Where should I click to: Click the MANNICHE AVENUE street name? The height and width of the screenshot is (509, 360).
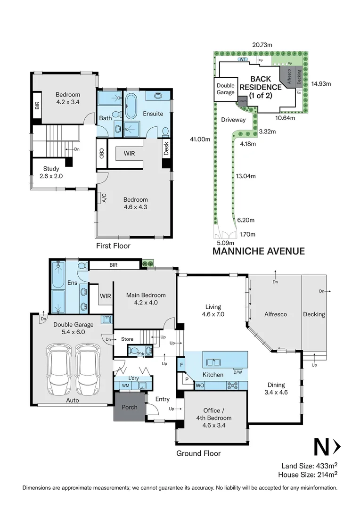pos(258,251)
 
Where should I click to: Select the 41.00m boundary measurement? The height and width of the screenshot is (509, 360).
pos(200,140)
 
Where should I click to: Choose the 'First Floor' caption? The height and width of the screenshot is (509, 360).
pos(113,246)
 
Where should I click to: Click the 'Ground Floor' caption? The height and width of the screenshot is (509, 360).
pos(198,453)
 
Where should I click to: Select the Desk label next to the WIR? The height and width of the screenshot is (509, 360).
pos(166,149)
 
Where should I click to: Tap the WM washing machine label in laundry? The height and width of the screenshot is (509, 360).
pos(126,386)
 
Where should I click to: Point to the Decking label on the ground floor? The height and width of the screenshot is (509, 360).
pos(314,314)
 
